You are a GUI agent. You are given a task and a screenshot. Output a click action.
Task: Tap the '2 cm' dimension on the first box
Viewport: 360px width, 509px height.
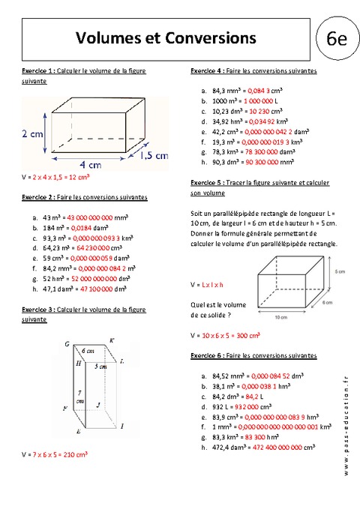pyautogui.click(x=32, y=134)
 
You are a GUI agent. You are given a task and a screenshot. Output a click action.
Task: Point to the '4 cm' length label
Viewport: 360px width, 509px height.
pyautogui.click(x=91, y=164)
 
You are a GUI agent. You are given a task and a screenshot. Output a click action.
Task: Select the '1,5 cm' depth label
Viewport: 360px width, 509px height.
pyautogui.click(x=154, y=154)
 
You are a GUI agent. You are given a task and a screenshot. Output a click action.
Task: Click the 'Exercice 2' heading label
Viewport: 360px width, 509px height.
pyautogui.click(x=37, y=197)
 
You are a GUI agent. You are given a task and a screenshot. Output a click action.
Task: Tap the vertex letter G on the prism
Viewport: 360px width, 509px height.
pyautogui.click(x=67, y=344)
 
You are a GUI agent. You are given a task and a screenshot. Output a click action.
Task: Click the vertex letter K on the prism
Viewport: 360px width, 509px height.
pyautogui.click(x=112, y=341)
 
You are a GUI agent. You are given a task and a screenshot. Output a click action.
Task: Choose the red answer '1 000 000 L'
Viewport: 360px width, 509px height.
pyautogui.click(x=260, y=100)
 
